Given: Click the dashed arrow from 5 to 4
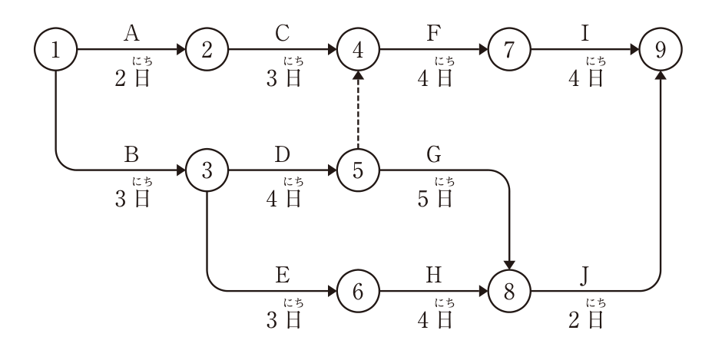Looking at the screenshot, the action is tap(358, 110).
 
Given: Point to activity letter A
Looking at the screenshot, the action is tap(131, 34).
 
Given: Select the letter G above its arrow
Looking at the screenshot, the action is tap(434, 154).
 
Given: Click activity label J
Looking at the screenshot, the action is tap(585, 276).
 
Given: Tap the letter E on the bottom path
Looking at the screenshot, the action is tap(283, 276).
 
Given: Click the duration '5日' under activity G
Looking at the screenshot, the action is tap(435, 199).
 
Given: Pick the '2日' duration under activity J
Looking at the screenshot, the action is tap(586, 319).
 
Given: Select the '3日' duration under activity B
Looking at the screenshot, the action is tap(132, 199).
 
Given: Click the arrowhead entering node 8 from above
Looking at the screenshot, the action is tap(509, 265).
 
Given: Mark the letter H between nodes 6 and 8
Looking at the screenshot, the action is tap(434, 276).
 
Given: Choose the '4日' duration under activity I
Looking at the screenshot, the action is tap(586, 78).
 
